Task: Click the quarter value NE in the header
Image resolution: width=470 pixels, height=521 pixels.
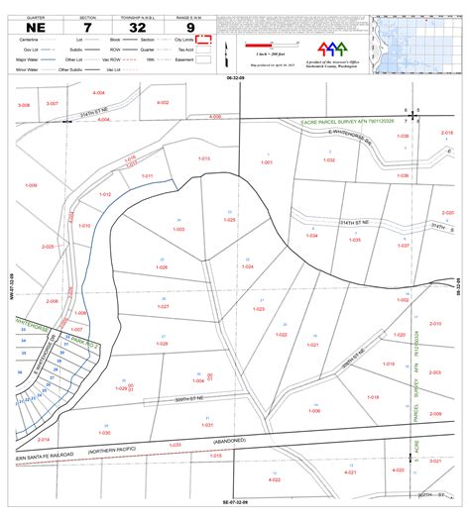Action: pyautogui.click(x=35, y=26)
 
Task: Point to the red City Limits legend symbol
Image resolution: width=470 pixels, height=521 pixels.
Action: pyautogui.click(x=205, y=40)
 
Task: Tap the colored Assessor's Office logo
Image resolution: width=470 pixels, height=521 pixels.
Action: pyautogui.click(x=332, y=49)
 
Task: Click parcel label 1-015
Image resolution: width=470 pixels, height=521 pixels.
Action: pyautogui.click(x=203, y=158)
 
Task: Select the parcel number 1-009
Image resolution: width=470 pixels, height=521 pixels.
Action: pyautogui.click(x=31, y=185)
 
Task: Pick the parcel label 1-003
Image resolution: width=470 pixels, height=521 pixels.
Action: pyautogui.click(x=179, y=230)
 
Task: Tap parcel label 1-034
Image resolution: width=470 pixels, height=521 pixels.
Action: pyautogui.click(x=312, y=236)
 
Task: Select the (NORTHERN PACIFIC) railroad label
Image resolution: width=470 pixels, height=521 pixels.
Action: pyautogui.click(x=105, y=452)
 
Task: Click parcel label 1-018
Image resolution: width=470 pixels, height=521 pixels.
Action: pyautogui.click(x=374, y=397)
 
